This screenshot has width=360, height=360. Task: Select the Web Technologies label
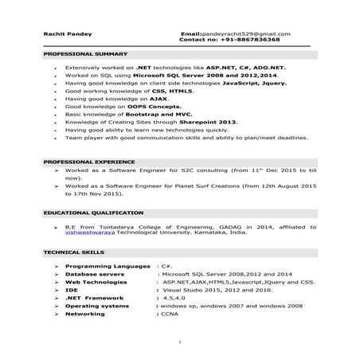tap(101, 281)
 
